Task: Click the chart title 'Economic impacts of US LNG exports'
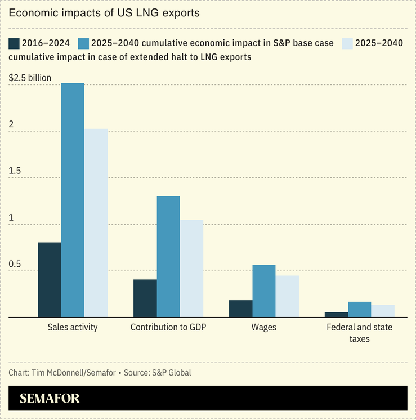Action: [104, 13]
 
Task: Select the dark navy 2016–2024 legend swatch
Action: [14, 43]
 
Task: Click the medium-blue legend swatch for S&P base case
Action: [84, 43]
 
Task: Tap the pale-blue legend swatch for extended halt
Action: [347, 43]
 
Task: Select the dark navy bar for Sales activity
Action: [50, 280]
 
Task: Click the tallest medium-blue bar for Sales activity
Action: [73, 200]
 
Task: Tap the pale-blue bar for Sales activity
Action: [96, 223]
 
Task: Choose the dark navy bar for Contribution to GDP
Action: [145, 298]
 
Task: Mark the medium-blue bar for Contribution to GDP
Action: [168, 257]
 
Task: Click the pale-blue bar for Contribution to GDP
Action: [192, 269]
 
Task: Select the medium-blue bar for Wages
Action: [264, 291]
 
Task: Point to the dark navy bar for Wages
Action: [241, 309]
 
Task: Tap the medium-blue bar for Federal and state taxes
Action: [360, 310]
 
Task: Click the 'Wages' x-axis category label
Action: [264, 327]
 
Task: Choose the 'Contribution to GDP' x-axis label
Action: [168, 327]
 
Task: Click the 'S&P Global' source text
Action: [172, 373]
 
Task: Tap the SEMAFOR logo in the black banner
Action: [50, 399]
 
